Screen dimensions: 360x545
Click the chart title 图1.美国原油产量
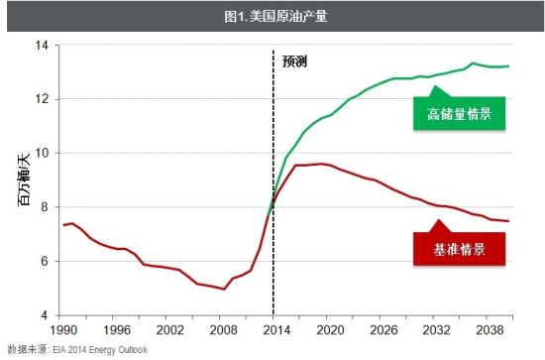pos(272,15)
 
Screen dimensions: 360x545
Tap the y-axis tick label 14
pos(41,46)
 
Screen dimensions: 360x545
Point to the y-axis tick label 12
pos(41,100)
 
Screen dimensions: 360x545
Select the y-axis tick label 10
pos(41,154)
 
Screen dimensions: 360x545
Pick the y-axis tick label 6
pos(44,262)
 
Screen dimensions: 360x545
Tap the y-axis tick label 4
pos(44,316)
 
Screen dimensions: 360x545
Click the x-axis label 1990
pos(63,329)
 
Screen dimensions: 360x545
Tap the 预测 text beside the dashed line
pos(295,61)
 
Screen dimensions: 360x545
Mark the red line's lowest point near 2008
pos(223,289)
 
